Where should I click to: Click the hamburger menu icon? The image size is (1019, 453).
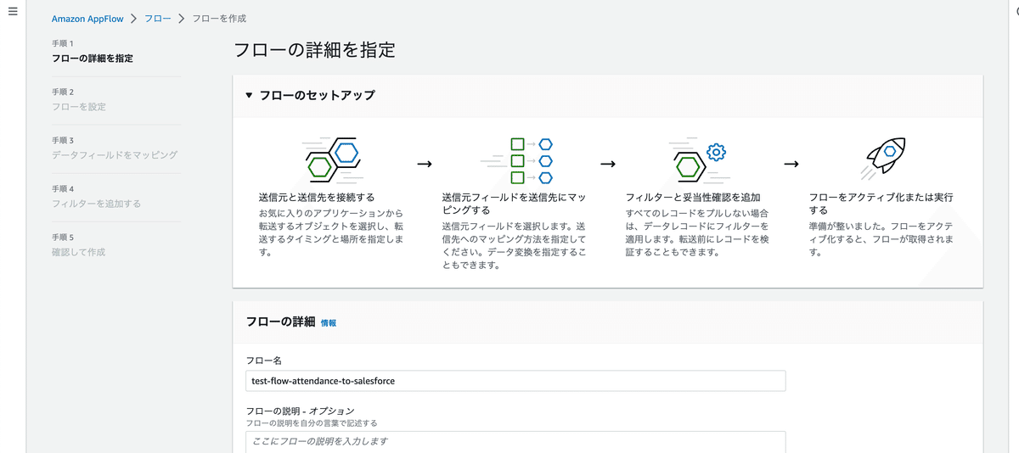(13, 11)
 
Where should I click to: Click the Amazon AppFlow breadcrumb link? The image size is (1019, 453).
(87, 19)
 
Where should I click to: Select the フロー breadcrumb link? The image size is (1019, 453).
(157, 19)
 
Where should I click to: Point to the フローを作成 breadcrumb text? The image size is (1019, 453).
(219, 19)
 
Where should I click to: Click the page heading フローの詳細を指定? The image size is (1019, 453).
(314, 50)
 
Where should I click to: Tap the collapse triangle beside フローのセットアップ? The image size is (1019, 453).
(249, 95)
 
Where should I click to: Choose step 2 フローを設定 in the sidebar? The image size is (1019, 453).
(79, 107)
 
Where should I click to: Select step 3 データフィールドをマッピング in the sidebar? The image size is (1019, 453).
(114, 155)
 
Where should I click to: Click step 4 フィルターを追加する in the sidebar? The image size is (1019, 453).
(96, 204)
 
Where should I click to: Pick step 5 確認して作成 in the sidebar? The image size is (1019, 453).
(78, 252)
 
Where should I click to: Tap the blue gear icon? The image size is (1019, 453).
(716, 152)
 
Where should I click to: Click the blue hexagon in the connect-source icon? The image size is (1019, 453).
(346, 153)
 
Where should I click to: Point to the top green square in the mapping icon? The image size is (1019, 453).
(517, 144)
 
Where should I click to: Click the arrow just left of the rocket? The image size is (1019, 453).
(791, 164)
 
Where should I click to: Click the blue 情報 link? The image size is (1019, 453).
(329, 323)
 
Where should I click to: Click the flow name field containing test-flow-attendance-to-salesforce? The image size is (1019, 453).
(515, 381)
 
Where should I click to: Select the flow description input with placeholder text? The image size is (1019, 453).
(515, 442)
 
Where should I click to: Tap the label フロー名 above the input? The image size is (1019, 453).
(264, 361)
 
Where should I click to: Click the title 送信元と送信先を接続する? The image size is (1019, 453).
(317, 197)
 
